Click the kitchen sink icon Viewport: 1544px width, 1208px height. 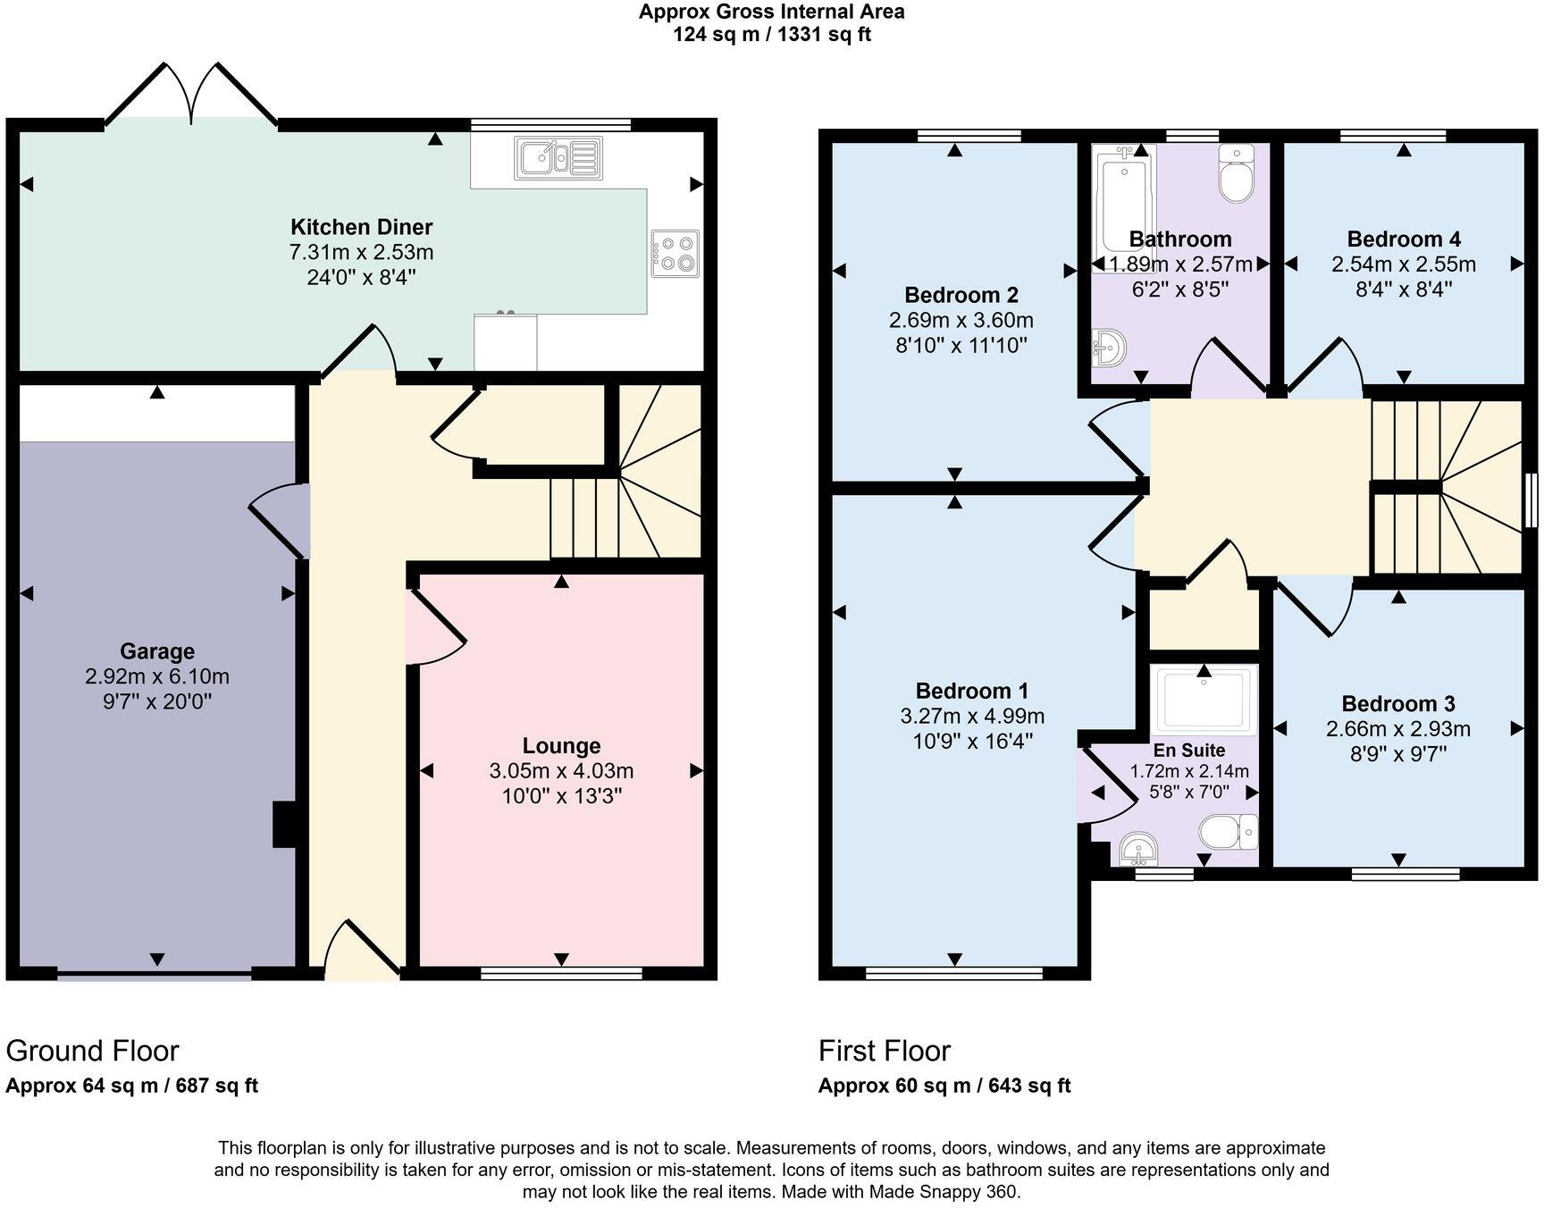point(558,158)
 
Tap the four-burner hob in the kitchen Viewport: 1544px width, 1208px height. point(675,253)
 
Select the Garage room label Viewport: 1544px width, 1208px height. point(157,651)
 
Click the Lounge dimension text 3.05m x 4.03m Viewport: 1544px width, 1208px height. point(561,771)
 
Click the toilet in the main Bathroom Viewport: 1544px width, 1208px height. point(1237,174)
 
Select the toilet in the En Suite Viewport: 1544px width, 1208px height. point(1228,833)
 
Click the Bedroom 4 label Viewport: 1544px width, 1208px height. point(1403,239)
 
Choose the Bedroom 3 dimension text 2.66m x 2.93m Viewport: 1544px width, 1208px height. point(1397,729)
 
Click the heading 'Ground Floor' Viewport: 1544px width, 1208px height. point(92,1051)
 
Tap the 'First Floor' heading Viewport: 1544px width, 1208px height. point(884,1051)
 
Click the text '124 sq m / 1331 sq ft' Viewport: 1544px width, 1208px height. point(771,35)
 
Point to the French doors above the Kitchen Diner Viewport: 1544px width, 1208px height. point(191,94)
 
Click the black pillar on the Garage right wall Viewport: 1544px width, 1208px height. point(284,824)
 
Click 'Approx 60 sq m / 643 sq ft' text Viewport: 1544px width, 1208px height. point(944,1086)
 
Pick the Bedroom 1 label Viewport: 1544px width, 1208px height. point(971,691)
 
